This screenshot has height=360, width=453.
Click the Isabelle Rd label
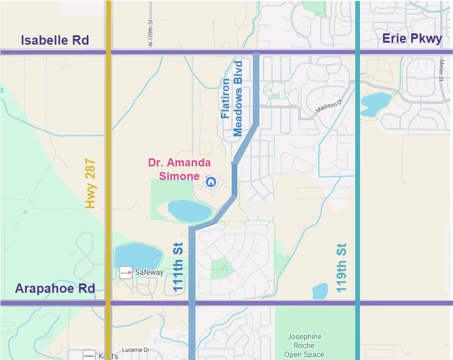(55, 40)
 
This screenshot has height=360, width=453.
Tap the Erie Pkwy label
(412, 39)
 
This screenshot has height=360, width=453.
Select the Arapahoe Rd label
(55, 288)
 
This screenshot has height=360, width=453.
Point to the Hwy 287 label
(90, 184)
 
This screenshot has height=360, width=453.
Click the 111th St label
(178, 267)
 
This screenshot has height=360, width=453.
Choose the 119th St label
(342, 267)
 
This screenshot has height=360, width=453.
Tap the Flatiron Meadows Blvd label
(232, 99)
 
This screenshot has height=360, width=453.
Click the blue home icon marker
(211, 181)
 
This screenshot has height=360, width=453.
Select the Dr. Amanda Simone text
(179, 169)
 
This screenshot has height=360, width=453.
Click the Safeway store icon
(125, 272)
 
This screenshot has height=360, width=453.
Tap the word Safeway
(149, 272)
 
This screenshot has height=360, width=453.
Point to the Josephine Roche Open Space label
(304, 345)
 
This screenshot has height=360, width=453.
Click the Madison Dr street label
(327, 108)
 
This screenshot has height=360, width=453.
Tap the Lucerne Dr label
(135, 350)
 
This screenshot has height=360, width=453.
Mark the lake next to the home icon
(189, 211)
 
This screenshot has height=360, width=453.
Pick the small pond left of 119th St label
(320, 291)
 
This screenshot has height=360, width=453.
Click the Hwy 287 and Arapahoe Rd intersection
(108, 303)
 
